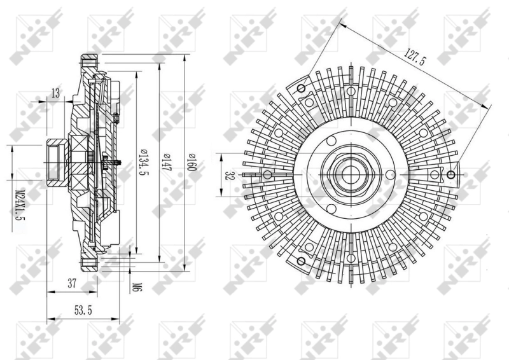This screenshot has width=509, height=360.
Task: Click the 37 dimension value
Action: click(72, 284)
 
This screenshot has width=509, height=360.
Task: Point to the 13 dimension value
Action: click(56, 94)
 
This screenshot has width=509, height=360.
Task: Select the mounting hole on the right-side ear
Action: click(451, 176)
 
